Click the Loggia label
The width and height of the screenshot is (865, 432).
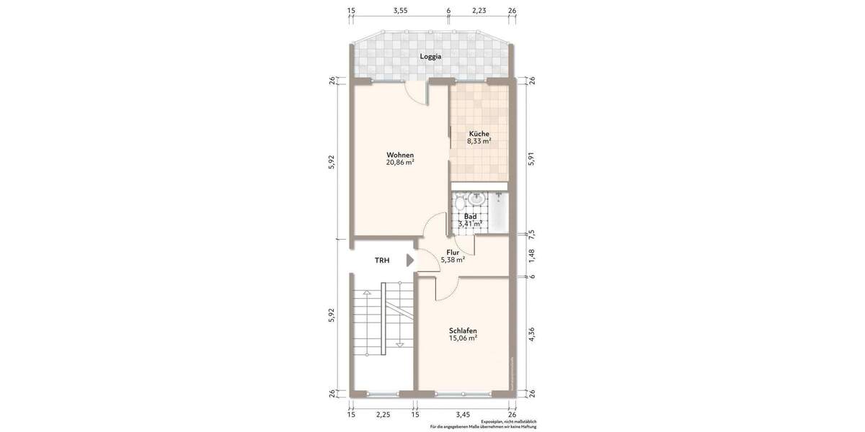coord(431,56)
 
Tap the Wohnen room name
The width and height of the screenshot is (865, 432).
coord(400,155)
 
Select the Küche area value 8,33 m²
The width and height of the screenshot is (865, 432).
coord(479,142)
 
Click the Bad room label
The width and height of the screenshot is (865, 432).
coord(470,216)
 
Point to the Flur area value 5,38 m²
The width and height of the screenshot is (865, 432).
coord(453,260)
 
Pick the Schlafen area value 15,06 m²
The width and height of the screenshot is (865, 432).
coord(463,338)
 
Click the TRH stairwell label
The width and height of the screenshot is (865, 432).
coord(382,261)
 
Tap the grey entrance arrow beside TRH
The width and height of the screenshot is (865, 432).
coord(410,261)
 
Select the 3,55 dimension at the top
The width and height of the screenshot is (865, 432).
coord(401,11)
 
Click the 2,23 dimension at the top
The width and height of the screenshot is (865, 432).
coord(479,11)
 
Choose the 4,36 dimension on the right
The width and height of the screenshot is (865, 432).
coord(532,336)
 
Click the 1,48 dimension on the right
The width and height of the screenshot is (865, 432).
coord(532,255)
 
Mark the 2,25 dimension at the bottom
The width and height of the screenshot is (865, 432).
coord(383,415)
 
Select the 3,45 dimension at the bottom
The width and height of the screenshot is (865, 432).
coord(463,415)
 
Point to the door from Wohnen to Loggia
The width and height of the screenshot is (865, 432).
coord(416,91)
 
